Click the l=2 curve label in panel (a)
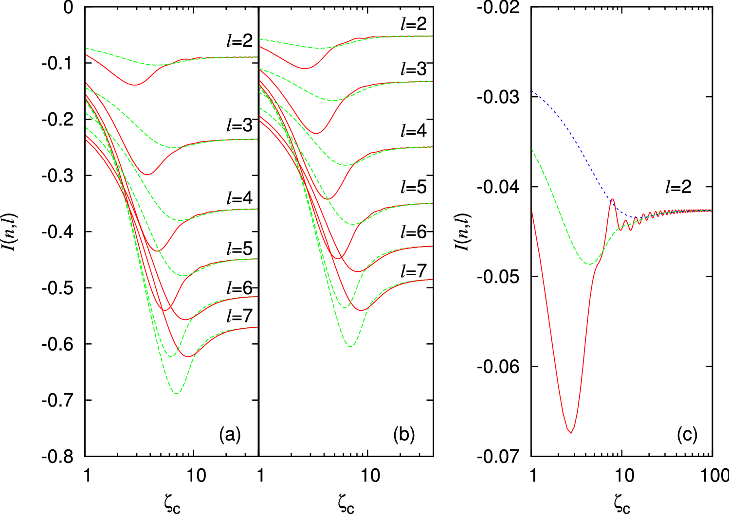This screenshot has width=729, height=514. (x=239, y=41)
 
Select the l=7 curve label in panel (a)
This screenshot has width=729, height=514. (x=239, y=316)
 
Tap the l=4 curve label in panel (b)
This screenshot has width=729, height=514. (x=413, y=131)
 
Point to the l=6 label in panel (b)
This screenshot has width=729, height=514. (x=413, y=232)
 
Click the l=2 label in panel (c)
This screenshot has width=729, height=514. (x=678, y=187)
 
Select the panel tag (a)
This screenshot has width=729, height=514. (x=230, y=434)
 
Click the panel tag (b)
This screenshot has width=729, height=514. (x=404, y=434)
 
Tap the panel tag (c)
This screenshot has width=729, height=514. (x=687, y=434)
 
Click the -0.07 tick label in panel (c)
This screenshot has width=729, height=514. (x=497, y=456)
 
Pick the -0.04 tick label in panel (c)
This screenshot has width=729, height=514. (x=497, y=187)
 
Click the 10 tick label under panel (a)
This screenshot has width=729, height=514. (x=196, y=476)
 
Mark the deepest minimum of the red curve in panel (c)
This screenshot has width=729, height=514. (x=571, y=432)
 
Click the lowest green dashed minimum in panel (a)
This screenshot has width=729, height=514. (x=176, y=393)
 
